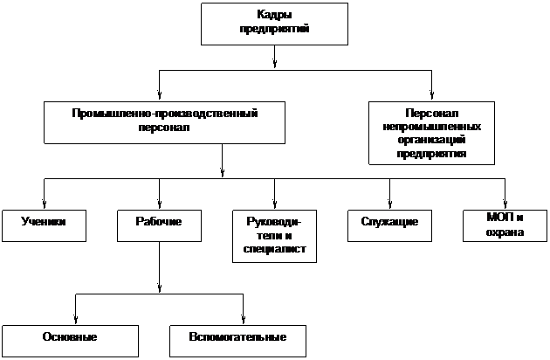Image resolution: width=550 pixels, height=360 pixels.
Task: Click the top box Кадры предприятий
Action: point(274,24)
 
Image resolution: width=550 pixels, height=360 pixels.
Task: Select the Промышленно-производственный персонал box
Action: point(165,122)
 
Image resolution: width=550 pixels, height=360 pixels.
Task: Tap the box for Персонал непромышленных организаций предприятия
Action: point(431,133)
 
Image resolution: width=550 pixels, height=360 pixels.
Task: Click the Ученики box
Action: point(45,225)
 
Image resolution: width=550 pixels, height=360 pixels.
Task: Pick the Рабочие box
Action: point(159,225)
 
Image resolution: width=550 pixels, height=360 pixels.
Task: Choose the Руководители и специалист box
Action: point(274,236)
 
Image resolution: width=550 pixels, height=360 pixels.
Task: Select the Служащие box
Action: point(389,225)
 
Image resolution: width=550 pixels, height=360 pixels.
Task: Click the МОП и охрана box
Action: point(504,225)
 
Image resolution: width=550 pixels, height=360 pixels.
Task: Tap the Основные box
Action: point(70,339)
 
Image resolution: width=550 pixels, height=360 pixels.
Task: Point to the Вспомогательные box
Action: point(237,339)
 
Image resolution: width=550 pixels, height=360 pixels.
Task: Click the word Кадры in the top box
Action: point(275,16)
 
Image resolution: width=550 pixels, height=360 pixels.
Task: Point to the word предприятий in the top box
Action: point(275,29)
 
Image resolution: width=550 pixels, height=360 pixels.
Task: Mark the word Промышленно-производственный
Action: point(165,114)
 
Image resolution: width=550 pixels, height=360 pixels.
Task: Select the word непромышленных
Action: point(431,127)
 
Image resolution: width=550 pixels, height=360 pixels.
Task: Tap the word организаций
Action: point(431,140)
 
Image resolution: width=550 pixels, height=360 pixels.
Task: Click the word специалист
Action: point(274,249)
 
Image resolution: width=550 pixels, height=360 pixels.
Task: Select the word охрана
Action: point(505,232)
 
